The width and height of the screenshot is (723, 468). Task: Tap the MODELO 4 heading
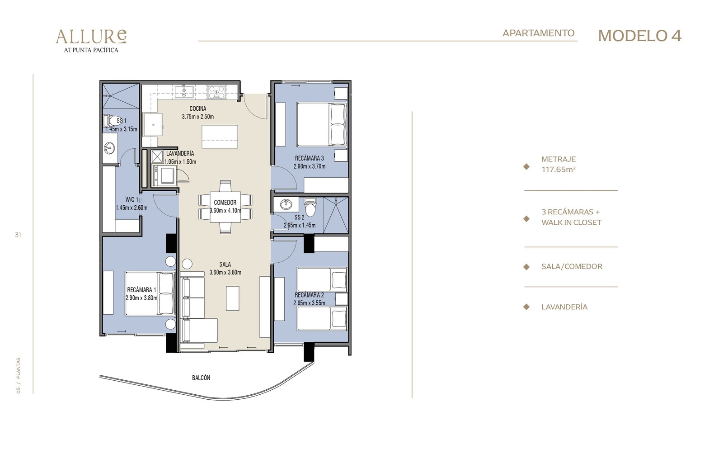click(640, 36)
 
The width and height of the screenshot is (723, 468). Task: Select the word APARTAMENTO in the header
click(538, 33)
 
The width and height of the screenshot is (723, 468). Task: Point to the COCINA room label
click(198, 109)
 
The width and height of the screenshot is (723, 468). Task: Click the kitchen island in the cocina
click(220, 137)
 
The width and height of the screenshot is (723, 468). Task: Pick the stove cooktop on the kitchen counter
click(216, 92)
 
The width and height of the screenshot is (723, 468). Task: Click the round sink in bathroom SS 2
click(286, 204)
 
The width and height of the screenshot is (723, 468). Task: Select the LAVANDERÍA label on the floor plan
click(180, 153)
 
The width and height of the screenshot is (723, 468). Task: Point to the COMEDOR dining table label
click(225, 203)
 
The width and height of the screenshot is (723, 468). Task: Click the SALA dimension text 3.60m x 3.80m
click(225, 272)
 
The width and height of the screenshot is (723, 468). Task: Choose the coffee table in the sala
click(232, 298)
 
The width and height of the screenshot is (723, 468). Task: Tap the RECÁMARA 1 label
click(141, 290)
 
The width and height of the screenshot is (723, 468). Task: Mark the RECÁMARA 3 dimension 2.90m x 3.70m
click(310, 166)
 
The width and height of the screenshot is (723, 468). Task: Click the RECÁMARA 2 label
click(309, 295)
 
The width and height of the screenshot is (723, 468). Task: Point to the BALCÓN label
click(201, 378)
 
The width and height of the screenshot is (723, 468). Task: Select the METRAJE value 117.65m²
click(559, 169)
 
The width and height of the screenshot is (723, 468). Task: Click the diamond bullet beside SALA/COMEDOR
click(526, 267)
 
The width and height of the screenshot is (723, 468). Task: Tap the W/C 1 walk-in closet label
click(131, 199)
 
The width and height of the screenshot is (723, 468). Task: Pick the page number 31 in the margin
click(18, 235)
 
